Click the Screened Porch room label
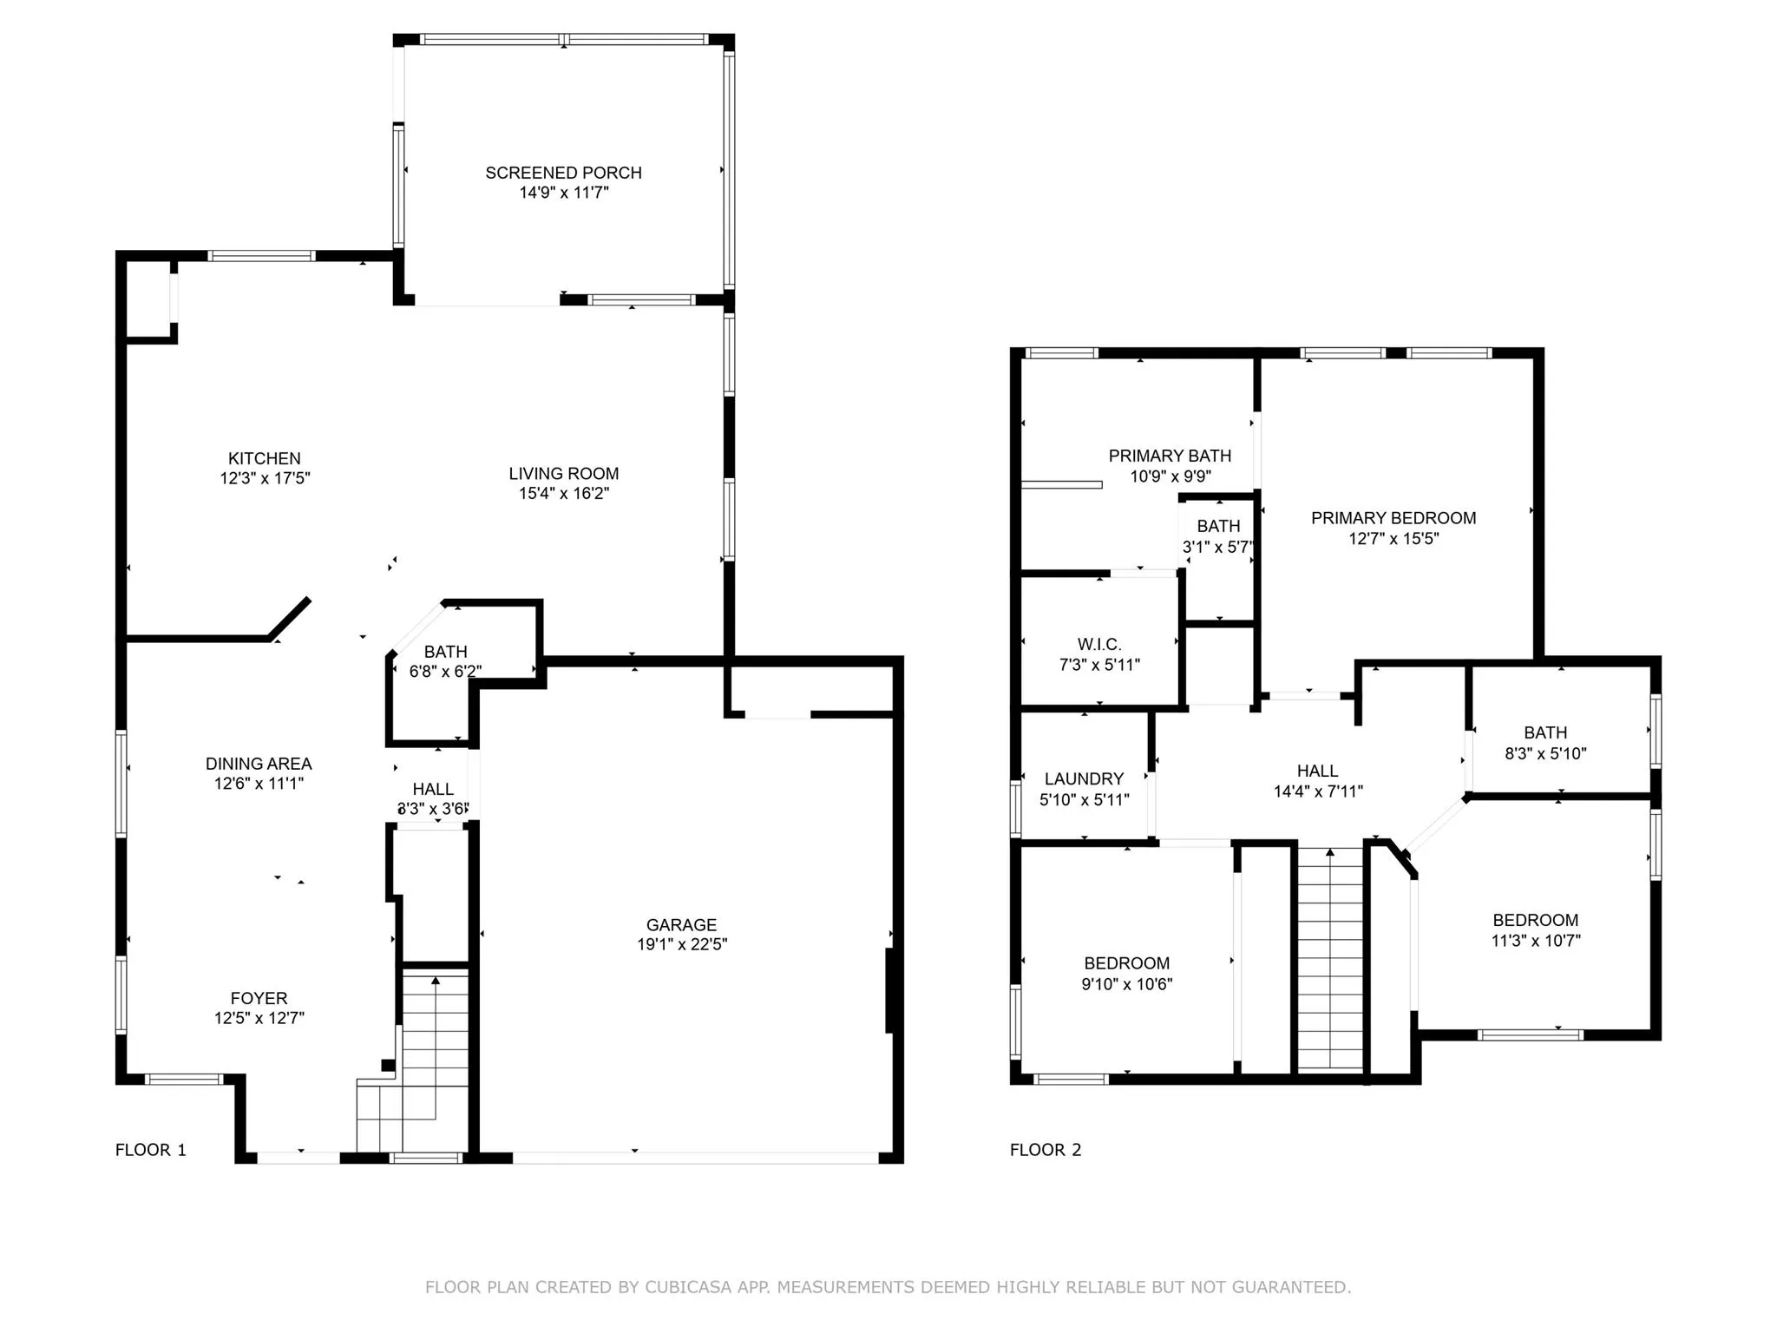(563, 173)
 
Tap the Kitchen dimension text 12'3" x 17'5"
(265, 478)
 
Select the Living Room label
(564, 474)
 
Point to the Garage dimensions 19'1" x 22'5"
(682, 944)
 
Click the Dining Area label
(259, 764)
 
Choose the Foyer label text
(259, 998)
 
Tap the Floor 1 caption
(151, 1150)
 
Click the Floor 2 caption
(1046, 1150)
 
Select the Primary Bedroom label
(1393, 518)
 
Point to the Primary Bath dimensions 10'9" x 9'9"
(1170, 476)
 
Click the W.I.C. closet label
(1099, 644)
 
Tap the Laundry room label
(1084, 778)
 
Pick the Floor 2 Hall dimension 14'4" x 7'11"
(1318, 791)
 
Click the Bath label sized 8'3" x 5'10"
(1545, 732)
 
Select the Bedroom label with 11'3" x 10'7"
(1535, 920)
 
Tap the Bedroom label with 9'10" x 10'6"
(1126, 963)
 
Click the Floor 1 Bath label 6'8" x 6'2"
(445, 652)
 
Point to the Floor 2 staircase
(1330, 958)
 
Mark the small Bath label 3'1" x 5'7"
(1218, 526)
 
